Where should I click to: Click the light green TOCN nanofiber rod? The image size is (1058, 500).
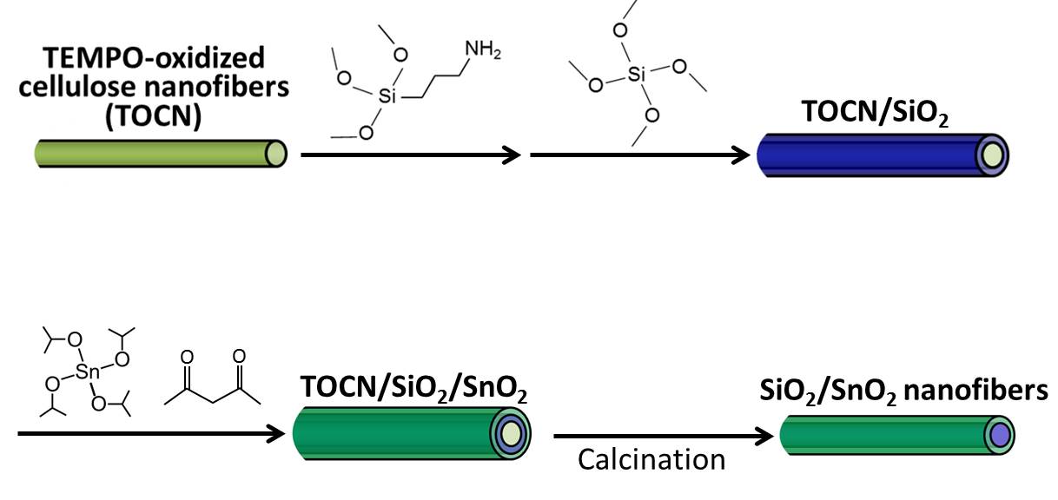point(156,154)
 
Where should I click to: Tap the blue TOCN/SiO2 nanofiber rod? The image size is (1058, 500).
point(869,155)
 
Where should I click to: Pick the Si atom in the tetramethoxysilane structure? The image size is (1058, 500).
point(637,76)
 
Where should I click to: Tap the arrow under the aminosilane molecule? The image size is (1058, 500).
point(410,155)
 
